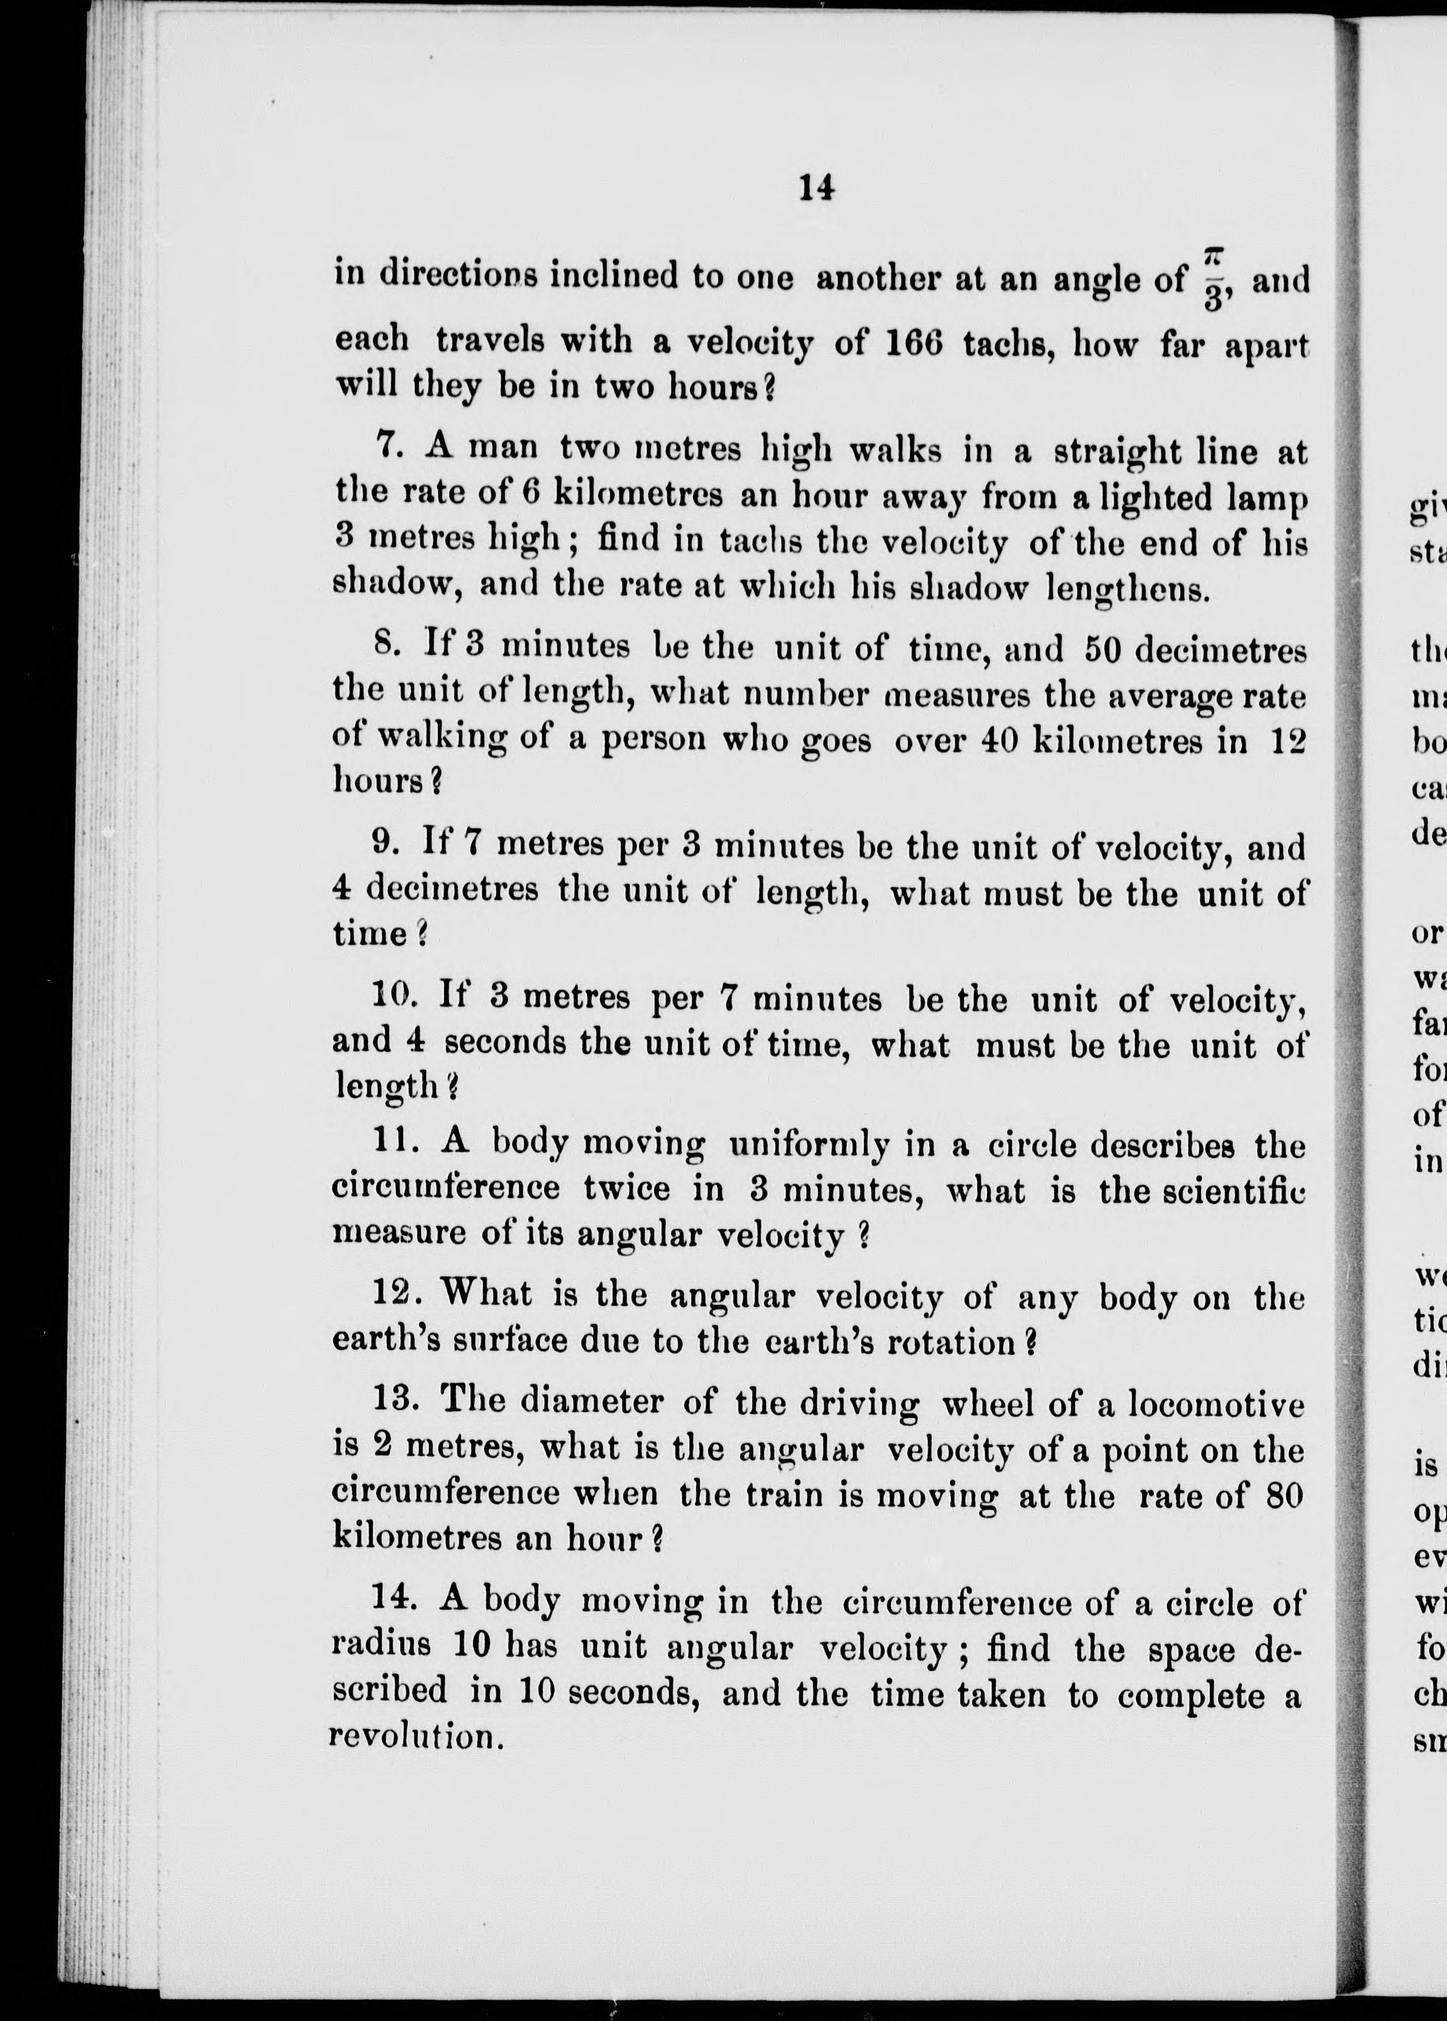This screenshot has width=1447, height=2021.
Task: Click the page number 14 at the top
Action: pos(816,188)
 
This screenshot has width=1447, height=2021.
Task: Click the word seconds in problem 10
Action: pos(505,1041)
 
